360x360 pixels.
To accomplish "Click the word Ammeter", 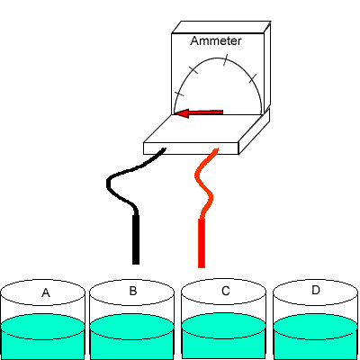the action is [216, 40].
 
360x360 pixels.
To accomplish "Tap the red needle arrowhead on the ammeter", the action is [182, 113].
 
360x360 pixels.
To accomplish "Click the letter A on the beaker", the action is [46, 292].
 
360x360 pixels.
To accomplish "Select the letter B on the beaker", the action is [133, 291].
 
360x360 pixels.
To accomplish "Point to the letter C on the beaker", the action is [225, 291].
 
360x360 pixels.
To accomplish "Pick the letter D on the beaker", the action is [316, 290].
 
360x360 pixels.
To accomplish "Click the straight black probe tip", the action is [136, 239].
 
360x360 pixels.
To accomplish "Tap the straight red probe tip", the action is [202, 243].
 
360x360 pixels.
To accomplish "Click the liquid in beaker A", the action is [42, 336].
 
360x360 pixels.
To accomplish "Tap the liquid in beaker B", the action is [132, 336].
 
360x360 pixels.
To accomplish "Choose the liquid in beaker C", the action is [224, 336].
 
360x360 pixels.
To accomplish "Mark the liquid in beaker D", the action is [316, 336].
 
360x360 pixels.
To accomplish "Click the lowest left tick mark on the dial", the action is [179, 94].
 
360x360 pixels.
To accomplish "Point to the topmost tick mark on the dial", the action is [225, 60].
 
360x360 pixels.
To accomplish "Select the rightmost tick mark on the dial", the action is [253, 78].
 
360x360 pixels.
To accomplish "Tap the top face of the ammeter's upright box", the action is [221, 27].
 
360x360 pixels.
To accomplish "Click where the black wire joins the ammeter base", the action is [164, 148].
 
